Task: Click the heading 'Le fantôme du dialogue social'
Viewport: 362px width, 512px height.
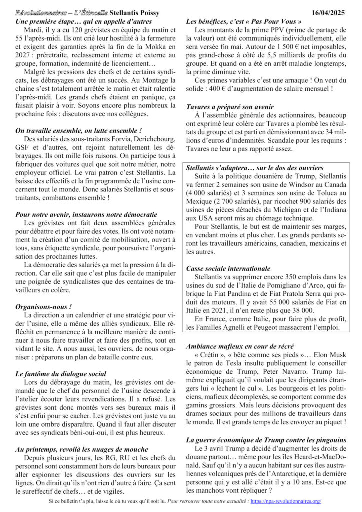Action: (61, 373)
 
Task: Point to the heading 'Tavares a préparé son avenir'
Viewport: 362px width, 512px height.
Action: (230, 107)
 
